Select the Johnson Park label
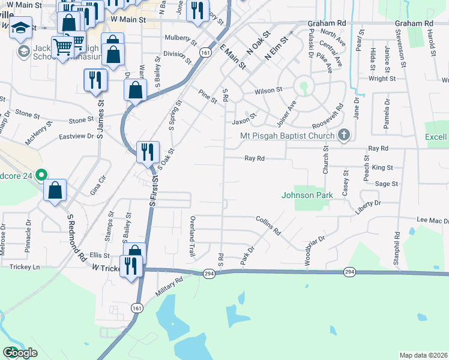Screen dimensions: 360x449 tap(307, 195)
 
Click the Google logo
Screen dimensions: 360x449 tap(20, 353)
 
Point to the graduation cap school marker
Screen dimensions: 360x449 tap(20, 29)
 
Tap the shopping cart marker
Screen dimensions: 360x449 tap(62, 47)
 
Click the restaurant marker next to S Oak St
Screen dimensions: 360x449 tap(147, 152)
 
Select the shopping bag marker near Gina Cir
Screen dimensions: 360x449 tap(55, 190)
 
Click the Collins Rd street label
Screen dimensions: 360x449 tap(268, 226)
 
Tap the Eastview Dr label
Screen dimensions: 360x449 tap(77, 136)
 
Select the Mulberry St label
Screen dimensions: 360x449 tap(181, 41)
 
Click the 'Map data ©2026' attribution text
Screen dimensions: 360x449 tap(424, 355)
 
